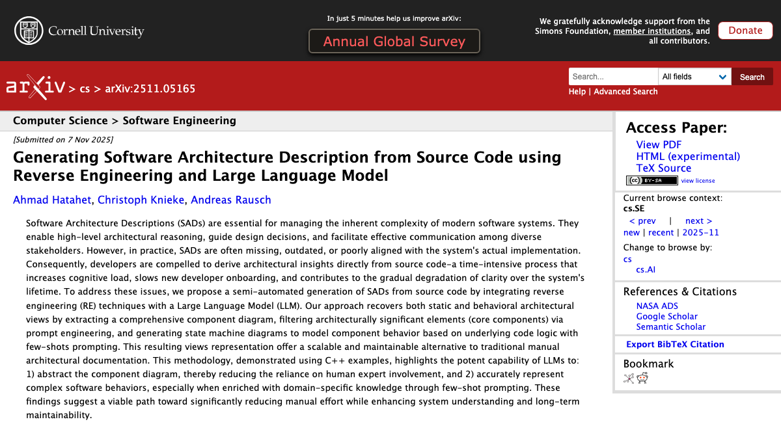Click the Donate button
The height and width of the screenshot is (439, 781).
pyautogui.click(x=745, y=31)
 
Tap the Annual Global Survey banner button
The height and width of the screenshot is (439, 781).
pyautogui.click(x=394, y=42)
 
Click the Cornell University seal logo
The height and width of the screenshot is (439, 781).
pyautogui.click(x=29, y=31)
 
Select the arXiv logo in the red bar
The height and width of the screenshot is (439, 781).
pyautogui.click(x=35, y=87)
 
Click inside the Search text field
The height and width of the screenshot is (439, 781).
pyautogui.click(x=612, y=77)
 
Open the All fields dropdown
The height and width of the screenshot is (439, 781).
pyautogui.click(x=694, y=77)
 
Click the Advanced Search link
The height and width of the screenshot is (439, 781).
pyautogui.click(x=625, y=92)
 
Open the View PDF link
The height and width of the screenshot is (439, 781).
pyautogui.click(x=659, y=145)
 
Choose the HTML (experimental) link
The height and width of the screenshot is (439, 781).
pyautogui.click(x=688, y=157)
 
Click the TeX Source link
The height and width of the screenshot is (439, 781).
pyautogui.click(x=663, y=168)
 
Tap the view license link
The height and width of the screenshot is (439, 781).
pyautogui.click(x=698, y=181)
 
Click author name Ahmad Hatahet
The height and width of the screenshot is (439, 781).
pyautogui.click(x=51, y=200)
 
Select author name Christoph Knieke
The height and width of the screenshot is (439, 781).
pyautogui.click(x=140, y=200)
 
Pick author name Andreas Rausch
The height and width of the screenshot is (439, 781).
pyautogui.click(x=230, y=200)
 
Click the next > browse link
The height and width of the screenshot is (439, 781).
pyautogui.click(x=698, y=221)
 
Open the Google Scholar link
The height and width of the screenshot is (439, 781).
pyautogui.click(x=666, y=317)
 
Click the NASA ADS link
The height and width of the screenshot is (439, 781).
pyautogui.click(x=657, y=306)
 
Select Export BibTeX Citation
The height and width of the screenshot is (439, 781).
pyautogui.click(x=675, y=345)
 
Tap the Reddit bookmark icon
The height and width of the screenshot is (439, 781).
pyautogui.click(x=642, y=379)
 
